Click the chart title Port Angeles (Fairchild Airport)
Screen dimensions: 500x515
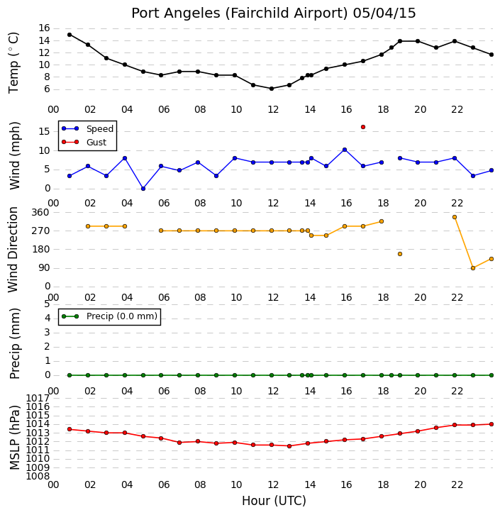pos(239,13)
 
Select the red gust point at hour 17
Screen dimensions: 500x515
pos(363,127)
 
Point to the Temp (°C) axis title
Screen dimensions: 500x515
pos(13,62)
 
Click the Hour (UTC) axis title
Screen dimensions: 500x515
pos(274,501)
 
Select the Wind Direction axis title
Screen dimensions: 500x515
pos(13,250)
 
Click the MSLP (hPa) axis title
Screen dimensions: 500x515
pos(15,438)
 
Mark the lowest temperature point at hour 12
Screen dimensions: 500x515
pos(272,89)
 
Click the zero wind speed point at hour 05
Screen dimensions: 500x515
pos(143,189)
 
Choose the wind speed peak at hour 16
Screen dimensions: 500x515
pos(345,150)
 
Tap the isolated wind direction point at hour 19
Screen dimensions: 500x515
pos(400,254)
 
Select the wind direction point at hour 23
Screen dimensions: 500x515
pos(473,268)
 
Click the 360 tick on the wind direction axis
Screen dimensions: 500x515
pos(40,213)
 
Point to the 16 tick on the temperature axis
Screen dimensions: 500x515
pos(44,28)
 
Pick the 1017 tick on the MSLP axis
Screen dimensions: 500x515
pos(38,399)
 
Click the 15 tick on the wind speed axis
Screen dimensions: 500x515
pos(44,132)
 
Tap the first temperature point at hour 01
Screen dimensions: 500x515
pos(70,35)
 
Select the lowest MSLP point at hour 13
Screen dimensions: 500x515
pos(289,446)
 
